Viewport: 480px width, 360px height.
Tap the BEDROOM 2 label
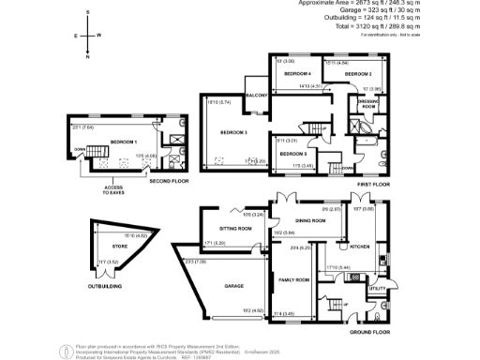point(358,73)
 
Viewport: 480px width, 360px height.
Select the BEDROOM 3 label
point(233,133)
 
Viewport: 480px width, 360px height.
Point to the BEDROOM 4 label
point(298,73)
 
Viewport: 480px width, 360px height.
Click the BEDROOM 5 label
point(293,153)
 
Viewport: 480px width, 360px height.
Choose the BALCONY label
point(257,96)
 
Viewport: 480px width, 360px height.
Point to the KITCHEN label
point(362,246)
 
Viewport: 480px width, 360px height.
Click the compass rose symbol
point(88,36)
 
